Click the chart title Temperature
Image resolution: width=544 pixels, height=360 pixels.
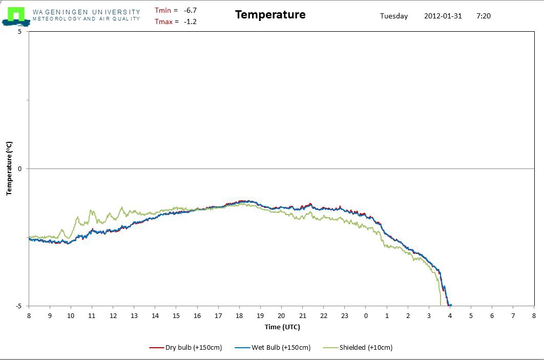[x=270, y=15]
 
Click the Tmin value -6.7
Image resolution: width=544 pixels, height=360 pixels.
[x=190, y=10]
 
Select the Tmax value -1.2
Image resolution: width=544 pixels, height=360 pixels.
[x=190, y=22]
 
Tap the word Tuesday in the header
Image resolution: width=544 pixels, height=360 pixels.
[x=394, y=16]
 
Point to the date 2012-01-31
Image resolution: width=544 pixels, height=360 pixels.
[x=443, y=16]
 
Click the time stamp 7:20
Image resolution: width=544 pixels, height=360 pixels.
[x=483, y=16]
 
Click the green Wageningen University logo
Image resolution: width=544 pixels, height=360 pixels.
[x=15, y=15]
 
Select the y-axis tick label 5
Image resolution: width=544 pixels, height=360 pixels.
[x=19, y=32]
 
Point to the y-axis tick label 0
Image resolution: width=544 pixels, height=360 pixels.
[x=19, y=169]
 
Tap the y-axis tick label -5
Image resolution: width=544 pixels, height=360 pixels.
[x=18, y=306]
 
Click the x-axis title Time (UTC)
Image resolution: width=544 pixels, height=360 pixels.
[x=282, y=327]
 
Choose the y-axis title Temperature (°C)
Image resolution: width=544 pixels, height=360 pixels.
[x=9, y=169]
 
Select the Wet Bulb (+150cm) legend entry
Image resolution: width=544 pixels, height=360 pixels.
[x=281, y=348]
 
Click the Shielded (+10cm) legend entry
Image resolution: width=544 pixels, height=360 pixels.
[x=366, y=348]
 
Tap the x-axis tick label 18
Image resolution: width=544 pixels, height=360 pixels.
[x=239, y=316]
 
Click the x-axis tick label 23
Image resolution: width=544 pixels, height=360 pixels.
[x=345, y=316]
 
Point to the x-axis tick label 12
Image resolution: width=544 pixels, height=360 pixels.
[x=113, y=316]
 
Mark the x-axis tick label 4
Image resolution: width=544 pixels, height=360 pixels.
[x=450, y=316]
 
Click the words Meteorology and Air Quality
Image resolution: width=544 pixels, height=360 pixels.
[x=86, y=19]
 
